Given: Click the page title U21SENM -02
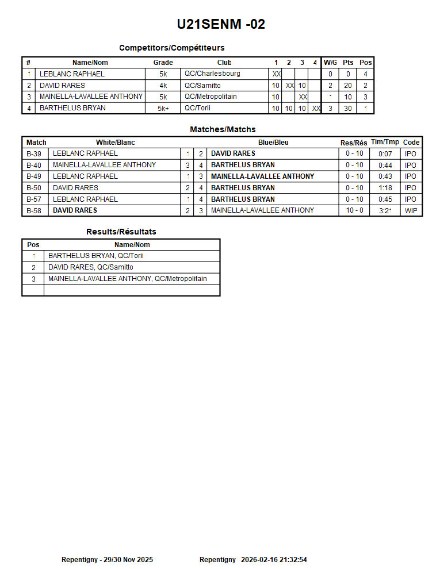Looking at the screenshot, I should [221, 24].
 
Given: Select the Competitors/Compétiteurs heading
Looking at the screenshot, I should [171, 48].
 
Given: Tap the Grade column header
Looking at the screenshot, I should [163, 63].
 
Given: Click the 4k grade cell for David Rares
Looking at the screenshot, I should [163, 86].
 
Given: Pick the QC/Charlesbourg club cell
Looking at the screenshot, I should [212, 74].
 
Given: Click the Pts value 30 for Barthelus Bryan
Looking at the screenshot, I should [348, 109].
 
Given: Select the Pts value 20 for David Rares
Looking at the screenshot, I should [348, 86].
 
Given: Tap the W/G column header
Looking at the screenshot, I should [330, 63].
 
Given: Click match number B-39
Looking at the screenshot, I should [34, 153].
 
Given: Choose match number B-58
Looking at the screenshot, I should [34, 210].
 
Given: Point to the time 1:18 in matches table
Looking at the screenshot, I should [385, 188].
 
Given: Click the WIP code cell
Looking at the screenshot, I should [411, 211].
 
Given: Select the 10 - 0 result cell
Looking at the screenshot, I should [354, 210].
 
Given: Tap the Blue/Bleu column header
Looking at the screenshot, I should [273, 143].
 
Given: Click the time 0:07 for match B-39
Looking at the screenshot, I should [385, 153].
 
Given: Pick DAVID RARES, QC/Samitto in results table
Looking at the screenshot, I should [91, 267].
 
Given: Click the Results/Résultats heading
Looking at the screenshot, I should [121, 232].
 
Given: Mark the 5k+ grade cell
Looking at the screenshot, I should [163, 109].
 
